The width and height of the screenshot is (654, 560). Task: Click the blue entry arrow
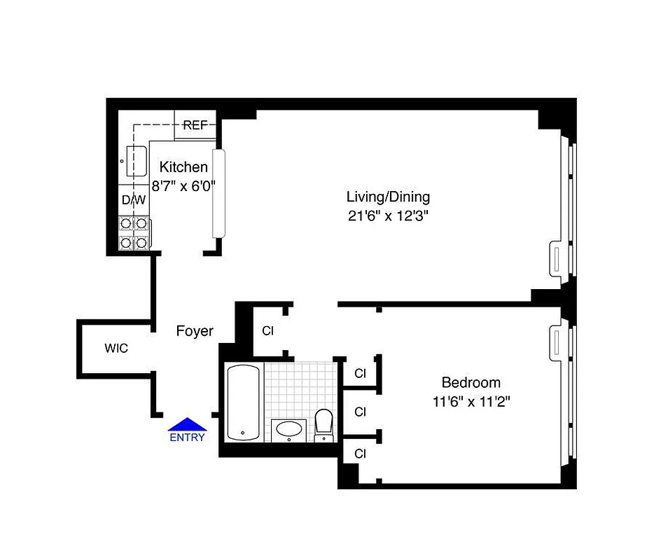pyautogui.click(x=187, y=424)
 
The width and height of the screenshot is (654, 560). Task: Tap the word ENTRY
pyautogui.click(x=187, y=437)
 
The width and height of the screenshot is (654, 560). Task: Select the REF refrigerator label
pyautogui.click(x=195, y=125)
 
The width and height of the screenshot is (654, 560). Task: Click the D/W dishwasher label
pyautogui.click(x=134, y=200)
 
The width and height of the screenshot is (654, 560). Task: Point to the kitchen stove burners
pyautogui.click(x=134, y=233)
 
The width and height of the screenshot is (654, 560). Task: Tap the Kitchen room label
pyautogui.click(x=183, y=167)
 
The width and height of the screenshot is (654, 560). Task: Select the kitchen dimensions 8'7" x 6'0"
pyautogui.click(x=183, y=186)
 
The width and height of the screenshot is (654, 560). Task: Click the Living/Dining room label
pyautogui.click(x=389, y=197)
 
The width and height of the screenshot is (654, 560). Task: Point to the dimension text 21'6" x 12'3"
pyautogui.click(x=389, y=216)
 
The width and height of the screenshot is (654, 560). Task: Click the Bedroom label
pyautogui.click(x=471, y=383)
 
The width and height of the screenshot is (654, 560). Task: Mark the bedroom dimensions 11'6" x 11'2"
pyautogui.click(x=471, y=402)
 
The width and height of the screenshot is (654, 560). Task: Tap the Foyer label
pyautogui.click(x=194, y=331)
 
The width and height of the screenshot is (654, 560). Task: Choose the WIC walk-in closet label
pyautogui.click(x=116, y=348)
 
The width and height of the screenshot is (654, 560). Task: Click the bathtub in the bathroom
pyautogui.click(x=243, y=402)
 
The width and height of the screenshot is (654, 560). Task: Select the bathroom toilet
pyautogui.click(x=323, y=423)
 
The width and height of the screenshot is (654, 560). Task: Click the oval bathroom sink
pyautogui.click(x=288, y=428)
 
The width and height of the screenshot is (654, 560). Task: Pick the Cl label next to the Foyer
pyautogui.click(x=267, y=331)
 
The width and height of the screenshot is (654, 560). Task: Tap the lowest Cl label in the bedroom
pyautogui.click(x=360, y=454)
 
